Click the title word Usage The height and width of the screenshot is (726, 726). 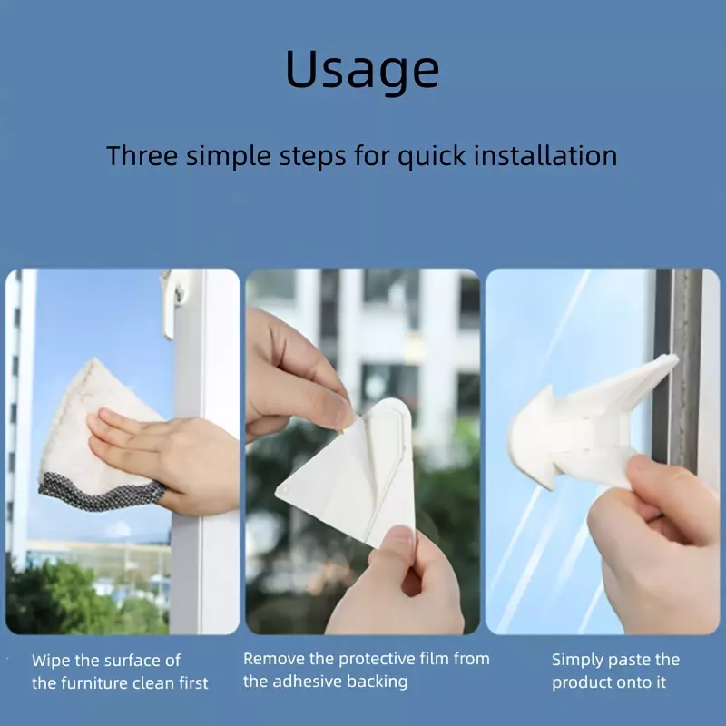(362, 69)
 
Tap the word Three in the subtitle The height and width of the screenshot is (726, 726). (142, 155)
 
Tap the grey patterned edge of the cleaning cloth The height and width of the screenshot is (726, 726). (101, 494)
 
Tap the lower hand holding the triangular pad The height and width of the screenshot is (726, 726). (398, 584)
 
